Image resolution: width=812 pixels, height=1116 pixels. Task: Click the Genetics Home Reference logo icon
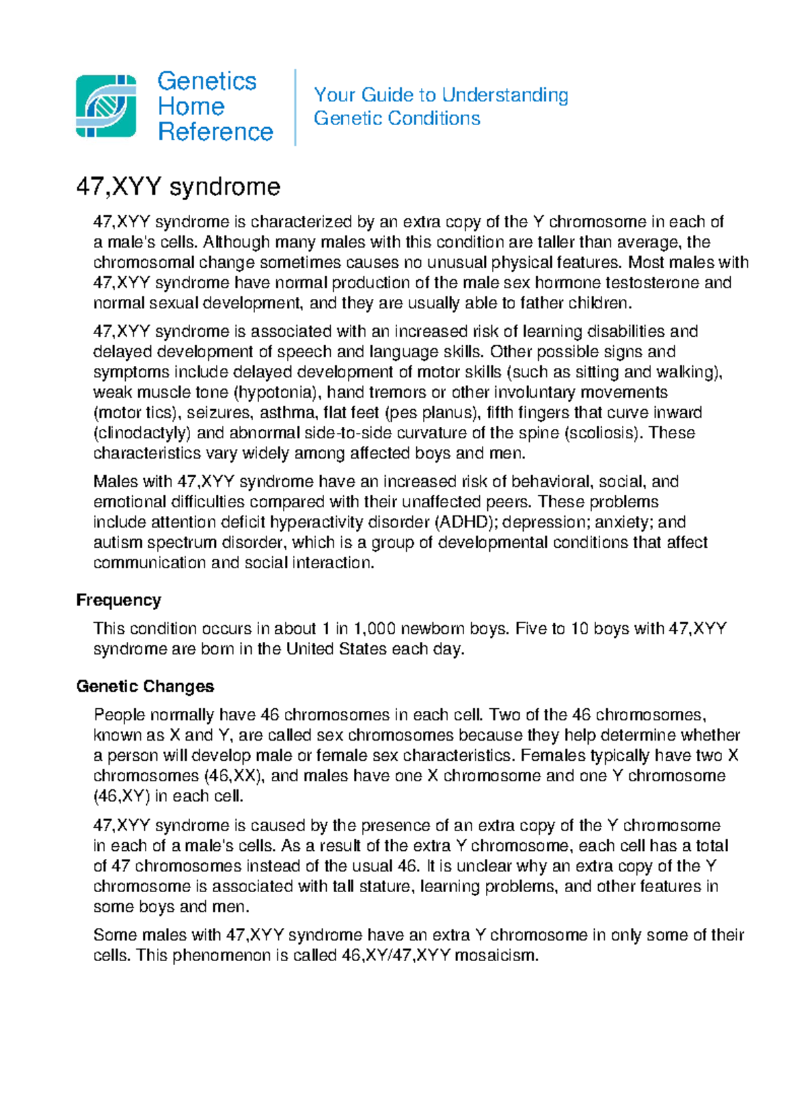[106, 106]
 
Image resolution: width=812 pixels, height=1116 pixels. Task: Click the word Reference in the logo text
[215, 132]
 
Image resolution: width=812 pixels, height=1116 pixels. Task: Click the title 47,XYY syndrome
[178, 187]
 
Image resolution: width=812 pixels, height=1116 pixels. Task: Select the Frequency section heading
[118, 600]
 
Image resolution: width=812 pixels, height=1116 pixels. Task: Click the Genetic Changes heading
[145, 686]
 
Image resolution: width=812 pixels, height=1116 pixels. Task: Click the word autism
[118, 542]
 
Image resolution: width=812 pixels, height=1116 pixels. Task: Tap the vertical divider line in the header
[296, 107]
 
